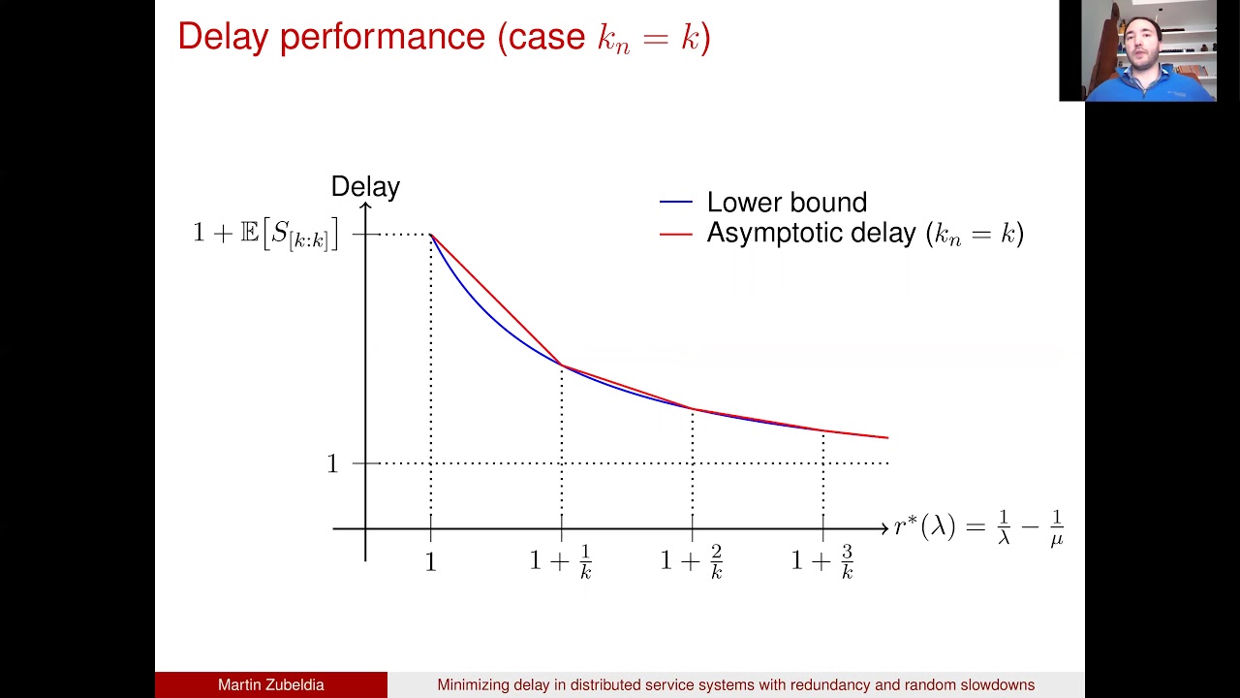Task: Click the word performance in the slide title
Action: pyautogui.click(x=382, y=37)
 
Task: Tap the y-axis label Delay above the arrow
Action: pyautogui.click(x=365, y=186)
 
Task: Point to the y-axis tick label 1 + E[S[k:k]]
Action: pyautogui.click(x=264, y=234)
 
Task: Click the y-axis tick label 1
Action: pyautogui.click(x=332, y=463)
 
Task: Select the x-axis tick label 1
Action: pyautogui.click(x=431, y=562)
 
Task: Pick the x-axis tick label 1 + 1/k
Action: pyautogui.click(x=561, y=561)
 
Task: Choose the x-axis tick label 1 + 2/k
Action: pyautogui.click(x=692, y=561)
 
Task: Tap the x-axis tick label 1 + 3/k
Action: pyautogui.click(x=822, y=561)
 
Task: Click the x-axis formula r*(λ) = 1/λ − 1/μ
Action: pyautogui.click(x=978, y=528)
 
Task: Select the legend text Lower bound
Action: pyautogui.click(x=787, y=202)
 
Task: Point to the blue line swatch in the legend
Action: pyautogui.click(x=675, y=203)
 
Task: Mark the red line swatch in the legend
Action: pyautogui.click(x=675, y=234)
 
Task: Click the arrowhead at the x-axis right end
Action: pyautogui.click(x=883, y=528)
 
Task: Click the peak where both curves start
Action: pyautogui.click(x=431, y=235)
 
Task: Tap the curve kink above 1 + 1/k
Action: pyautogui.click(x=562, y=365)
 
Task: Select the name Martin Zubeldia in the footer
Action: pyautogui.click(x=270, y=684)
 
